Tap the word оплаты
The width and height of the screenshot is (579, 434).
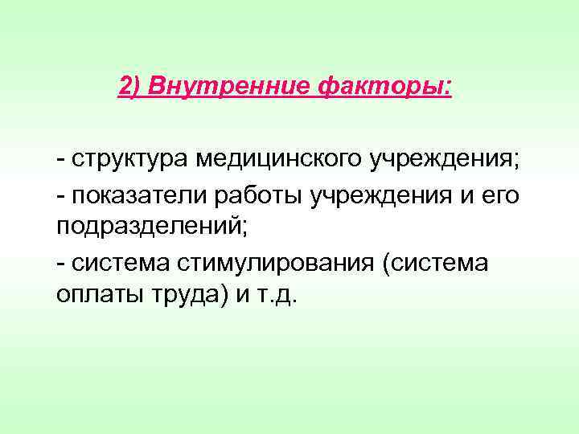click(95, 297)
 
